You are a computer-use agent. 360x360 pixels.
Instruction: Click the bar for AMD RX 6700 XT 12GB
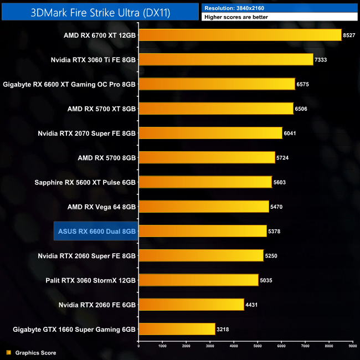point(240,35)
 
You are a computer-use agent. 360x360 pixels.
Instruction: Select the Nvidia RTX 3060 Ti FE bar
point(225,59)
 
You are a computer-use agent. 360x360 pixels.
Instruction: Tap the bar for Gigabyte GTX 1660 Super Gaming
point(177,329)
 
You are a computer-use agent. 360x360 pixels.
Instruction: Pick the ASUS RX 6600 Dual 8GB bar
point(202,231)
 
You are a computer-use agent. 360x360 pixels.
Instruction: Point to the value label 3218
point(223,330)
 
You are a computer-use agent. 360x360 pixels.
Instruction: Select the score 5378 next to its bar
point(275,232)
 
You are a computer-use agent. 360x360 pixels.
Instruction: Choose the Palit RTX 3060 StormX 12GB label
point(90,280)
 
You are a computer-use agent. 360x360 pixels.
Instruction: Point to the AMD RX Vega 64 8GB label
point(101,207)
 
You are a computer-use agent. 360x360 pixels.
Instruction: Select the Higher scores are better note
point(236,17)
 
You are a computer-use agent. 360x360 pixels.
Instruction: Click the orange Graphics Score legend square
point(8,352)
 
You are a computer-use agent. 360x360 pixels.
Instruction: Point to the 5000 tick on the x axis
point(258,346)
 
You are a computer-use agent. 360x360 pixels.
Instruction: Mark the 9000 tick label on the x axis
point(353,346)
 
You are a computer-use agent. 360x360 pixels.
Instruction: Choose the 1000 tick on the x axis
point(162,346)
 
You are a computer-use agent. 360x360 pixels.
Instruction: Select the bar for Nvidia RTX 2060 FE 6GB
point(191,305)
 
